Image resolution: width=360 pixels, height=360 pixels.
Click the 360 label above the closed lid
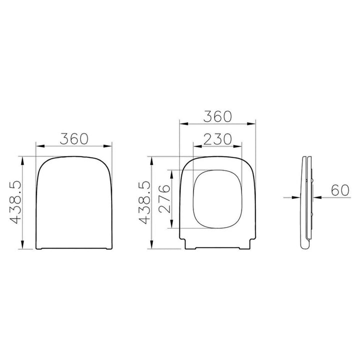(74, 138)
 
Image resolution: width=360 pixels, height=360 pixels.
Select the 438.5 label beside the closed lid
(15, 202)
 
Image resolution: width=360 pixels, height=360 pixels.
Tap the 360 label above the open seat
(217, 116)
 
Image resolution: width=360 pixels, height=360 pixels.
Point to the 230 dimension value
(217, 139)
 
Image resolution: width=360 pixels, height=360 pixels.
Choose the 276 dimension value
(164, 199)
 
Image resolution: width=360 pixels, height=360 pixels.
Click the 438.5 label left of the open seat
(144, 202)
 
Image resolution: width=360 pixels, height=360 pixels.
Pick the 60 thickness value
(340, 190)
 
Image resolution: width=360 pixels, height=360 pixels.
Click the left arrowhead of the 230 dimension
(197, 146)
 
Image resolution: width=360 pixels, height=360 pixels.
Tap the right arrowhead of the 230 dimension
(237, 146)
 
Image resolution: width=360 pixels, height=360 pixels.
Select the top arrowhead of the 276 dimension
(171, 174)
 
